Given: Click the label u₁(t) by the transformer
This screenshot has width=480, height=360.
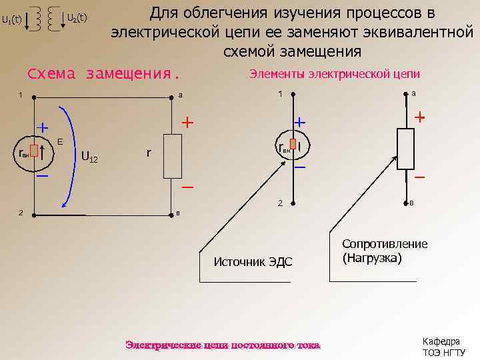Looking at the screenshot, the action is click(11, 19).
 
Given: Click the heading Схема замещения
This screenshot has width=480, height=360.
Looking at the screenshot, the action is click(103, 74).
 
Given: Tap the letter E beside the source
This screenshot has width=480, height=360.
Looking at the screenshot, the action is click(60, 141).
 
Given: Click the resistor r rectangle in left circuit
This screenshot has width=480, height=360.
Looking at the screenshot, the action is click(173, 154).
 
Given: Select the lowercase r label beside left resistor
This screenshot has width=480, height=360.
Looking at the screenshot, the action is click(148, 153).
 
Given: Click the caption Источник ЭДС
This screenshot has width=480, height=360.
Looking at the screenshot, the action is click(253, 261).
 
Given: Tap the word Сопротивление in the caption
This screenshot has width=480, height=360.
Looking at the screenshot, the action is click(385, 243).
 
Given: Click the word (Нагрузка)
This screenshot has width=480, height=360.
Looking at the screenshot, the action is click(372, 257).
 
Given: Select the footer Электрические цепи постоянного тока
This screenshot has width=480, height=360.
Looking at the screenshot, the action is click(223, 345).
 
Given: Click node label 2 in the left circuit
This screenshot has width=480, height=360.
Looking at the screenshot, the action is click(21, 213).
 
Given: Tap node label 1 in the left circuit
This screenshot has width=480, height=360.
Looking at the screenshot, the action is click(21, 95).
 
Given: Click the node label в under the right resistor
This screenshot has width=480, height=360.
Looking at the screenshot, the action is click(413, 202).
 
